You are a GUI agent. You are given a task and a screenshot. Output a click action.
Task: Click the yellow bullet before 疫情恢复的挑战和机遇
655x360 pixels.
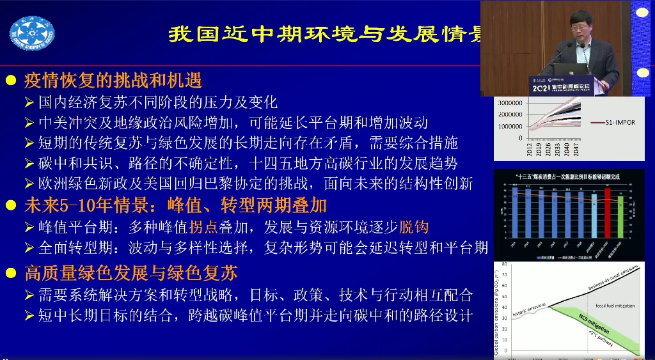coord(11,81)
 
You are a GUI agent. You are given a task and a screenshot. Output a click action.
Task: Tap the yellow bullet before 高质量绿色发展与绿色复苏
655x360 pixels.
coord(11,274)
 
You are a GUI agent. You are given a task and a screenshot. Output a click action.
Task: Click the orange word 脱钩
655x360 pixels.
coord(413,227)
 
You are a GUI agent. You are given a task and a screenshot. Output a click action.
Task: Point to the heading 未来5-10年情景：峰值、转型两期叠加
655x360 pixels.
coord(175,205)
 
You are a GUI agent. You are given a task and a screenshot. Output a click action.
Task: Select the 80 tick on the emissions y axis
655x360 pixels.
coord(504,263)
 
